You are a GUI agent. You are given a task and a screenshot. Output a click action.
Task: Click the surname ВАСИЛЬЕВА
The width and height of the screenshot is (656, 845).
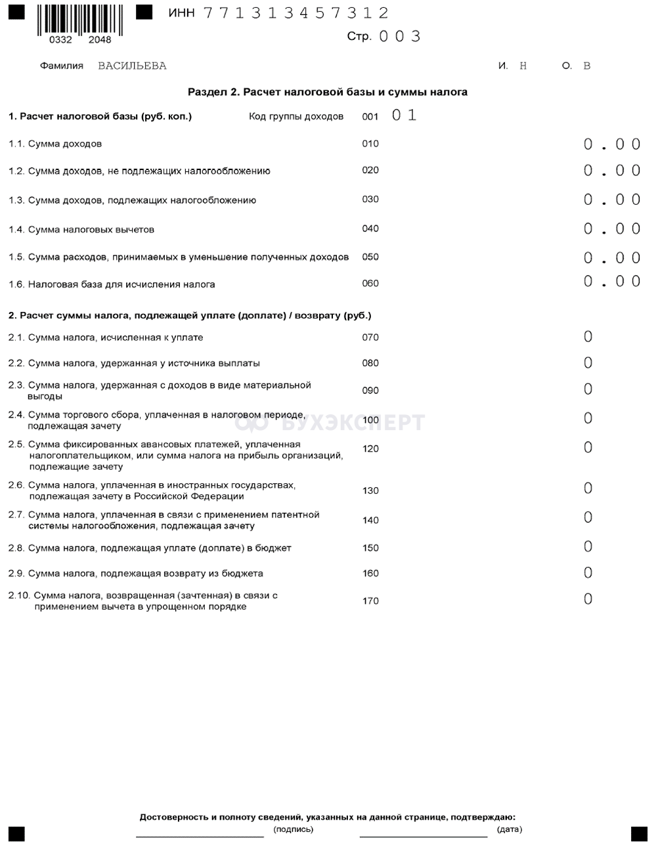click(132, 66)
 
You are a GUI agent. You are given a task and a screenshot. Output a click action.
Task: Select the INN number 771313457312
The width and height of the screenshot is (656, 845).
click(296, 13)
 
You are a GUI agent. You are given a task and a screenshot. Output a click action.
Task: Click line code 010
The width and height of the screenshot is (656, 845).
click(370, 144)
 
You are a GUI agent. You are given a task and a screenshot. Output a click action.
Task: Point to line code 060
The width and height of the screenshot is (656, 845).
click(370, 284)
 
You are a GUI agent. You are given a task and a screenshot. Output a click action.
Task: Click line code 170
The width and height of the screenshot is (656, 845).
click(370, 601)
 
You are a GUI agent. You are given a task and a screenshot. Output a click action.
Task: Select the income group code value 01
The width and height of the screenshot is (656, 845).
click(404, 116)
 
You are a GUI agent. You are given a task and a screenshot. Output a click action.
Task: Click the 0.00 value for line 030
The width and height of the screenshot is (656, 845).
click(612, 200)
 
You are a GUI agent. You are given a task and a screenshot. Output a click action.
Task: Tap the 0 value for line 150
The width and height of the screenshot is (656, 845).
click(588, 547)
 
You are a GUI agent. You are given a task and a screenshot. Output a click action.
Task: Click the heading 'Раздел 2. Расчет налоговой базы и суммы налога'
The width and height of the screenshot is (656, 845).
click(328, 92)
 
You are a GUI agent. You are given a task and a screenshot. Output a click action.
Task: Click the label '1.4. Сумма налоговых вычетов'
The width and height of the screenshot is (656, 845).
click(81, 229)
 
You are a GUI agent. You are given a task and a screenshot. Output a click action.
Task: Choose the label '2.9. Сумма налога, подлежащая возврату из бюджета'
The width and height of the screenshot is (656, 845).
click(135, 573)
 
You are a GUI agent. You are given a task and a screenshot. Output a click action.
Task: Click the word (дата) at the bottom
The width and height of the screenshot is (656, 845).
click(510, 829)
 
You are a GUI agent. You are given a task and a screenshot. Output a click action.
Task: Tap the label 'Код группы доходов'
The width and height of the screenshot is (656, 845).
click(296, 116)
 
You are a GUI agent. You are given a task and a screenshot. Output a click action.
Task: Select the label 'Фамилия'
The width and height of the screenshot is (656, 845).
click(62, 66)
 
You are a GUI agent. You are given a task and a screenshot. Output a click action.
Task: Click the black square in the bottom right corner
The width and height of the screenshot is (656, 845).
click(638, 833)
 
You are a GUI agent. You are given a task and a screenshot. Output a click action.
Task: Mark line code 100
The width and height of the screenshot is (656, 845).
click(370, 420)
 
